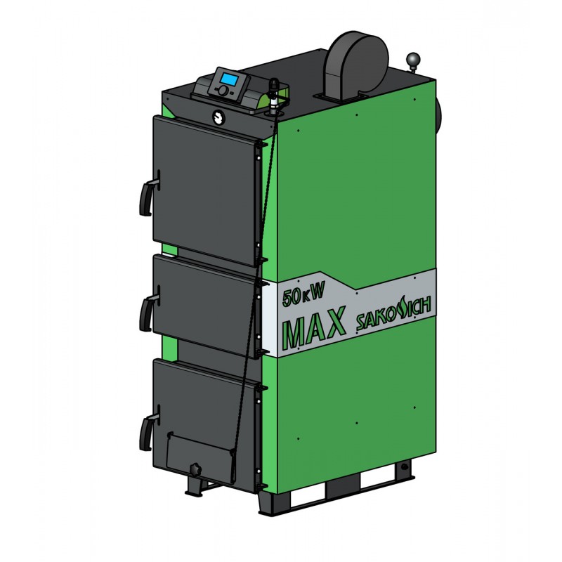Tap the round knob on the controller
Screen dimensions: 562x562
pos(222,91)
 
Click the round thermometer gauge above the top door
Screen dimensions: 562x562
pos(218,117)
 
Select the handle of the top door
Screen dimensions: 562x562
pos(148,194)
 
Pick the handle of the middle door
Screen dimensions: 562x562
pos(148,309)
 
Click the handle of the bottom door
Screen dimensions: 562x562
pos(148,429)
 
